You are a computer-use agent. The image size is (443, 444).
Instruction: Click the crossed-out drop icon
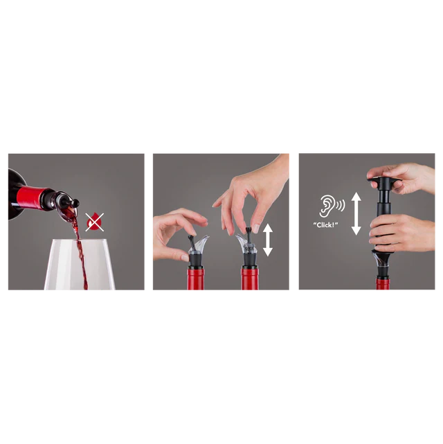[x=95, y=222]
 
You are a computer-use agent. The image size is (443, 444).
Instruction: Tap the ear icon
[x=332, y=206]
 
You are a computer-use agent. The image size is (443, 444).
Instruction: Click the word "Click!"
[x=325, y=225]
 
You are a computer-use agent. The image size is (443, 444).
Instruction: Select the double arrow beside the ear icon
[x=356, y=213]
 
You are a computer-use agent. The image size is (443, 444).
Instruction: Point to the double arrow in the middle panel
[x=268, y=240]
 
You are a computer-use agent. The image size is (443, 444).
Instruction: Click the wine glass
[x=80, y=265]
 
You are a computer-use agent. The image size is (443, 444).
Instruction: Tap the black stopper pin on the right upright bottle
[x=249, y=234]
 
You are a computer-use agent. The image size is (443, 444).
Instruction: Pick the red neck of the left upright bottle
[x=196, y=279]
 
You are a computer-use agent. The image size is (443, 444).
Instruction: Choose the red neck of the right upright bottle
[x=249, y=279]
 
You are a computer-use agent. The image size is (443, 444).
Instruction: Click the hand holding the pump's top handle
[x=404, y=179]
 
